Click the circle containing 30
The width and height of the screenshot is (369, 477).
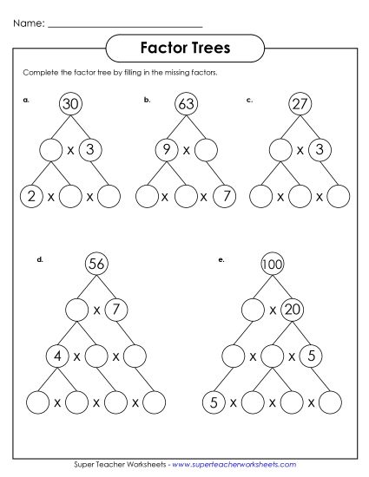tap(70, 106)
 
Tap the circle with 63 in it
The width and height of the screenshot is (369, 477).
tap(183, 106)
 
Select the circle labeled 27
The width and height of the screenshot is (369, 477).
tap(300, 106)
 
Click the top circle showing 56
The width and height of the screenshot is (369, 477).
tap(96, 263)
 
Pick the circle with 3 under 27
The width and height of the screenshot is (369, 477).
tap(320, 150)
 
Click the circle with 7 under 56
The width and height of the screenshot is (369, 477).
tap(117, 310)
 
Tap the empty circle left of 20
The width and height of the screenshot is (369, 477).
tap(253, 310)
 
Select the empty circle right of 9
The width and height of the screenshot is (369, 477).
tap(205, 150)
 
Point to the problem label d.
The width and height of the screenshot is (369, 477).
tap(40, 258)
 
